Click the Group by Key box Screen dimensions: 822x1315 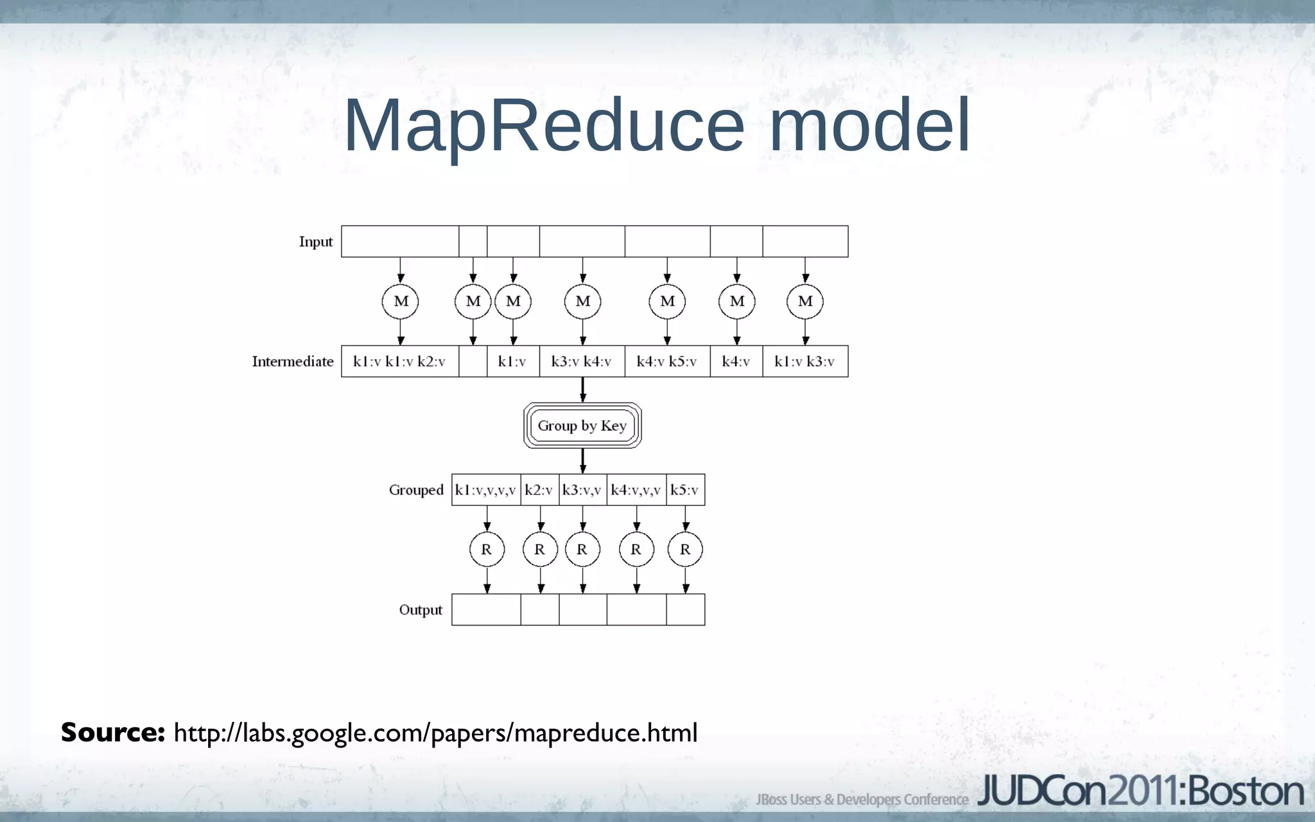click(x=582, y=425)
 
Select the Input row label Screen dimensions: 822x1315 click(x=315, y=242)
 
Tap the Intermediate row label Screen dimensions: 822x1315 click(x=293, y=362)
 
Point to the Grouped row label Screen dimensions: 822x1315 click(x=416, y=490)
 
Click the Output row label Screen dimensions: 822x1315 click(x=421, y=610)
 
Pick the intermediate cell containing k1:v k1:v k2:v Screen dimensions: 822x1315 click(x=399, y=362)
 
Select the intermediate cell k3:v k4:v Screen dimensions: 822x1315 click(x=582, y=362)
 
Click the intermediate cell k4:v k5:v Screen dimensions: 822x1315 click(x=667, y=362)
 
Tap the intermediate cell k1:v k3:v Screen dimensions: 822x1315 click(x=805, y=362)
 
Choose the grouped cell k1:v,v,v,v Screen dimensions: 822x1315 click(x=485, y=490)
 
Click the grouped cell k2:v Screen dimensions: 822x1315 click(x=539, y=490)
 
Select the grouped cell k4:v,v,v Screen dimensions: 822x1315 click(x=636, y=490)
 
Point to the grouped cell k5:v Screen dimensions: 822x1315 click(x=685, y=490)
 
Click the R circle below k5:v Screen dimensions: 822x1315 click(x=685, y=550)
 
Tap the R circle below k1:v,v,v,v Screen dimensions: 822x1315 click(x=487, y=550)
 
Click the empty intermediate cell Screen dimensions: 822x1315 click(x=473, y=362)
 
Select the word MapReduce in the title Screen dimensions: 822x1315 click(x=544, y=126)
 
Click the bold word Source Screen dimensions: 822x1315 click(x=113, y=733)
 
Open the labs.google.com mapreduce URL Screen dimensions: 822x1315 click(x=435, y=733)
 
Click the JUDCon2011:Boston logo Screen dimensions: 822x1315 click(x=1140, y=792)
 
